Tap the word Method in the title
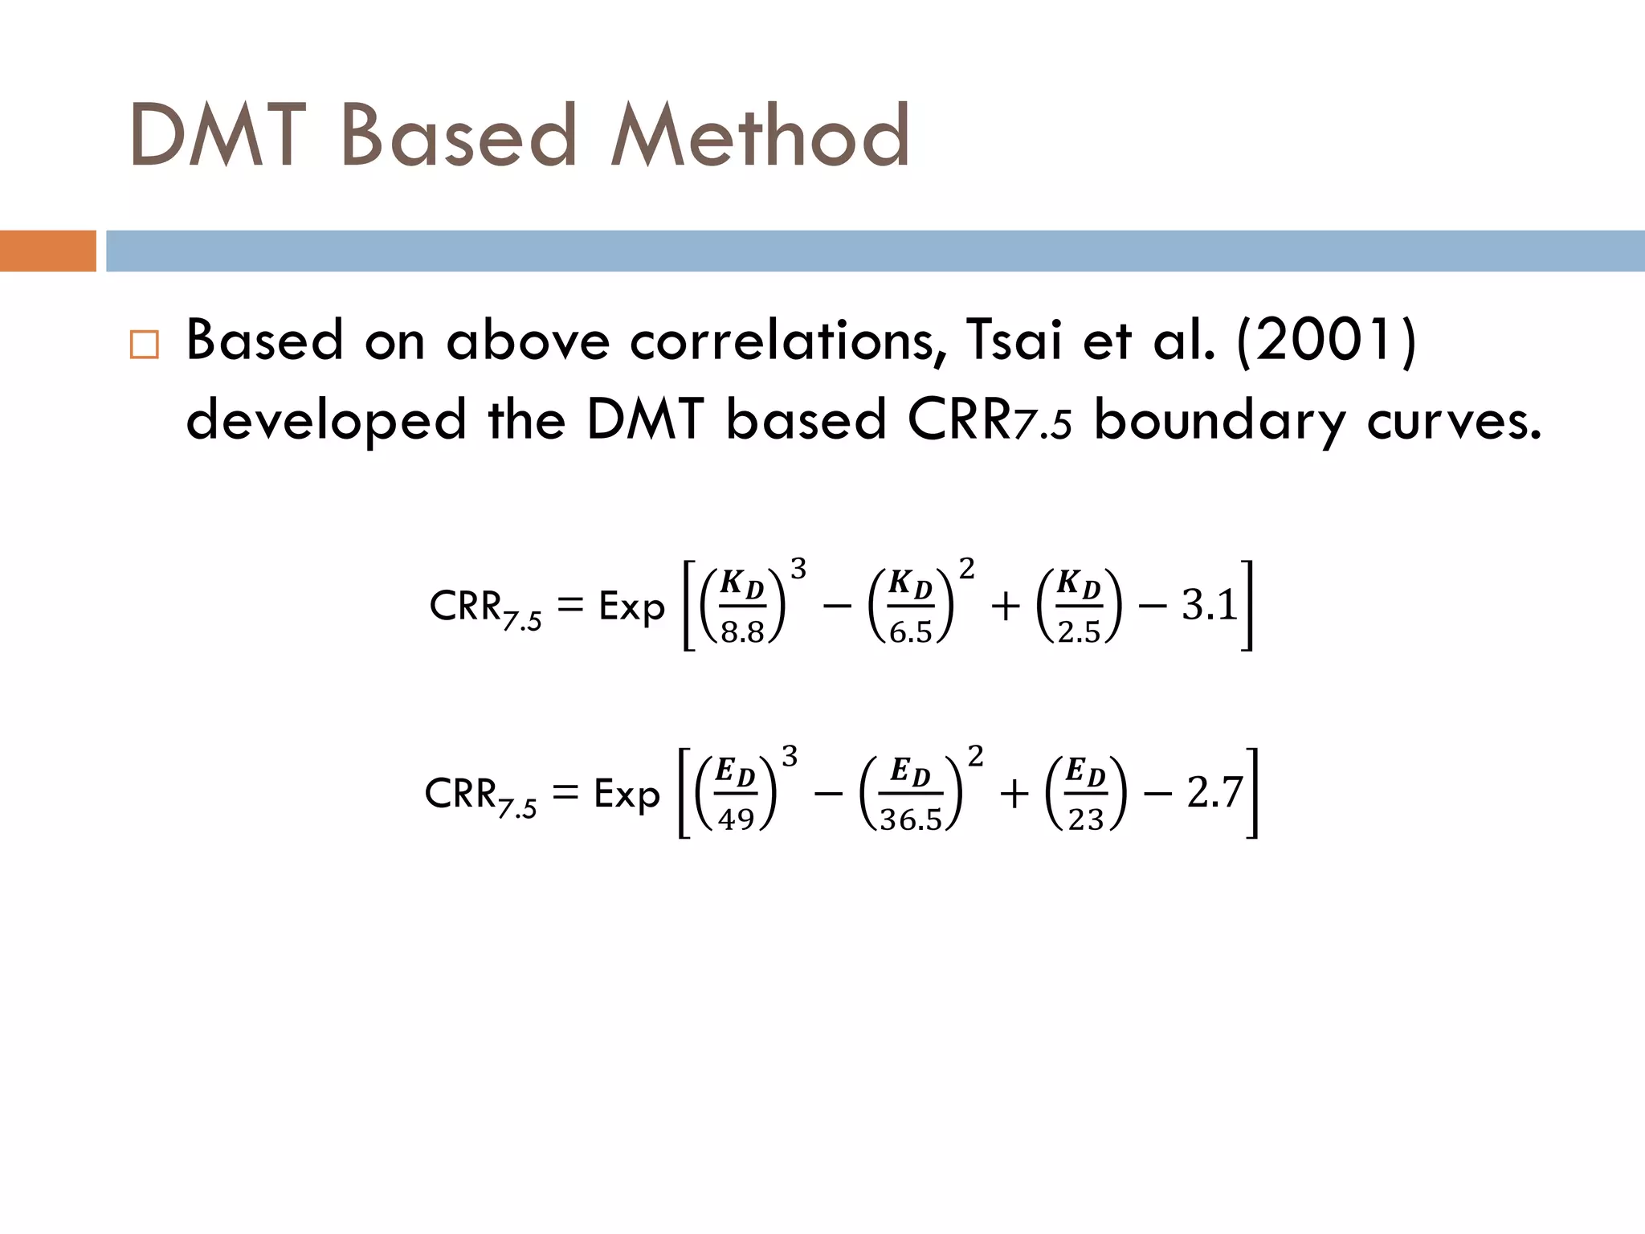[x=760, y=137]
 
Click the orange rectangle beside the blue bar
[x=47, y=251]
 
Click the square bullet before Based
[x=145, y=345]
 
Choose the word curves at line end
[x=1454, y=421]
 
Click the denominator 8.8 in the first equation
[x=742, y=632]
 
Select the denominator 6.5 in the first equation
[x=911, y=632]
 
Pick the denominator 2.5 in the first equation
[x=1079, y=632]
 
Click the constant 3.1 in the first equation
[x=1209, y=606]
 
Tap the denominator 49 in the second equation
[x=736, y=819]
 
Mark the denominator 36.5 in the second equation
[x=911, y=819]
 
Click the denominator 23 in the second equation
[x=1086, y=819]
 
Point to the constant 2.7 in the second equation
[x=1214, y=793]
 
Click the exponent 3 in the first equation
[x=798, y=570]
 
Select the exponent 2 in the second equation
[x=975, y=756]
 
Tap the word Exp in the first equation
[x=631, y=607]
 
